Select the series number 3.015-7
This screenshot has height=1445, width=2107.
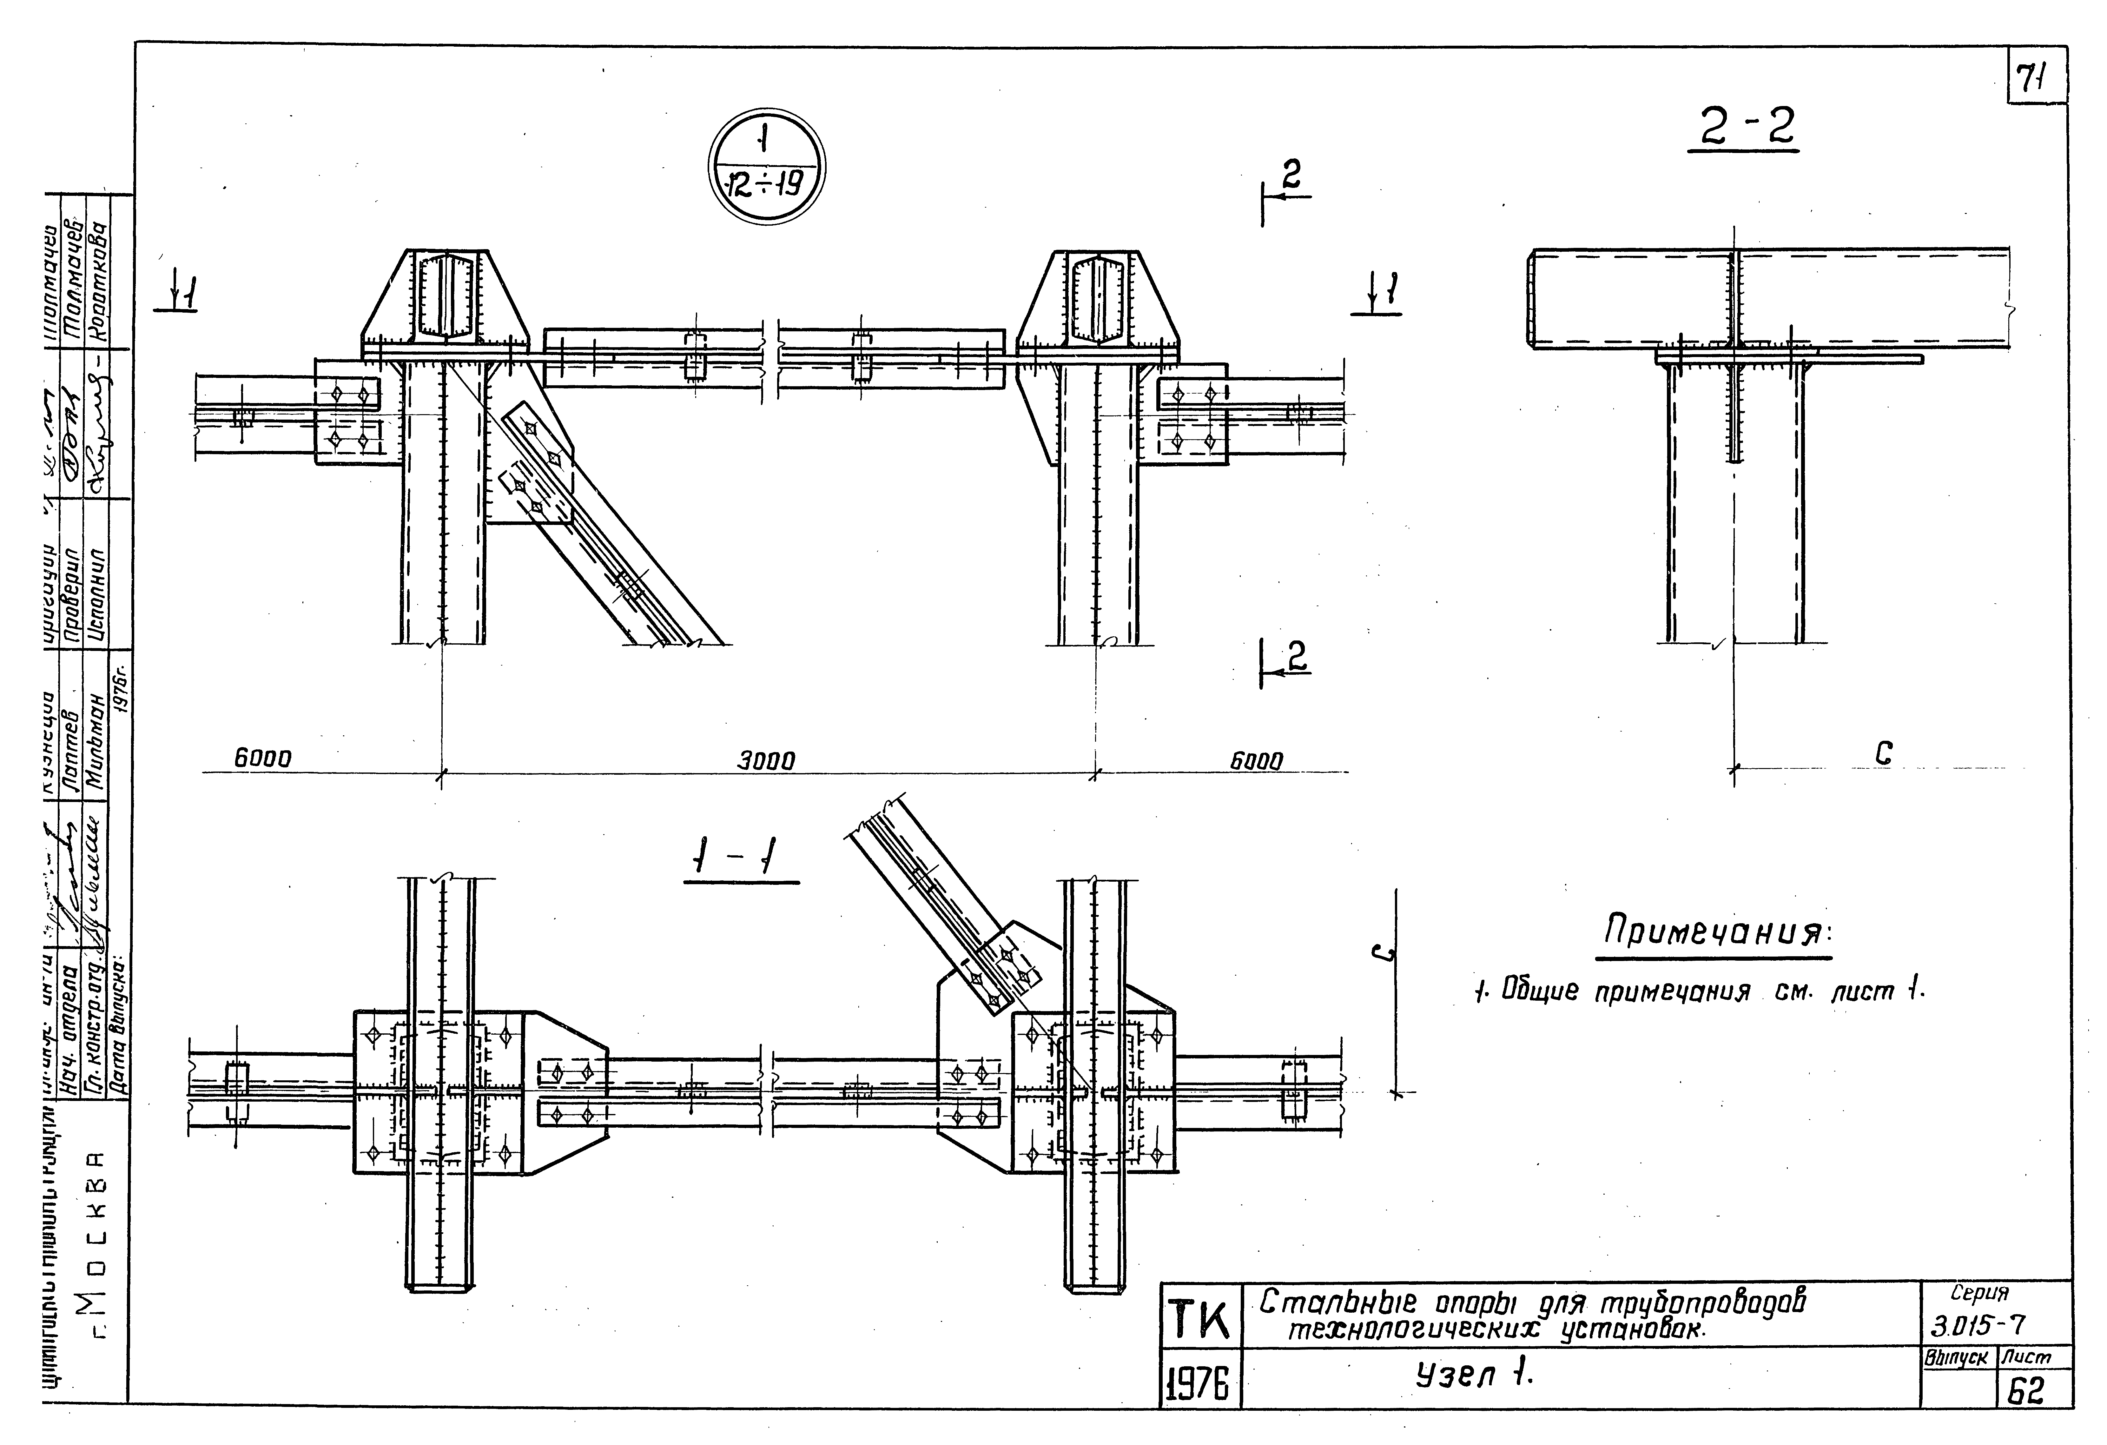click(x=1978, y=1326)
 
